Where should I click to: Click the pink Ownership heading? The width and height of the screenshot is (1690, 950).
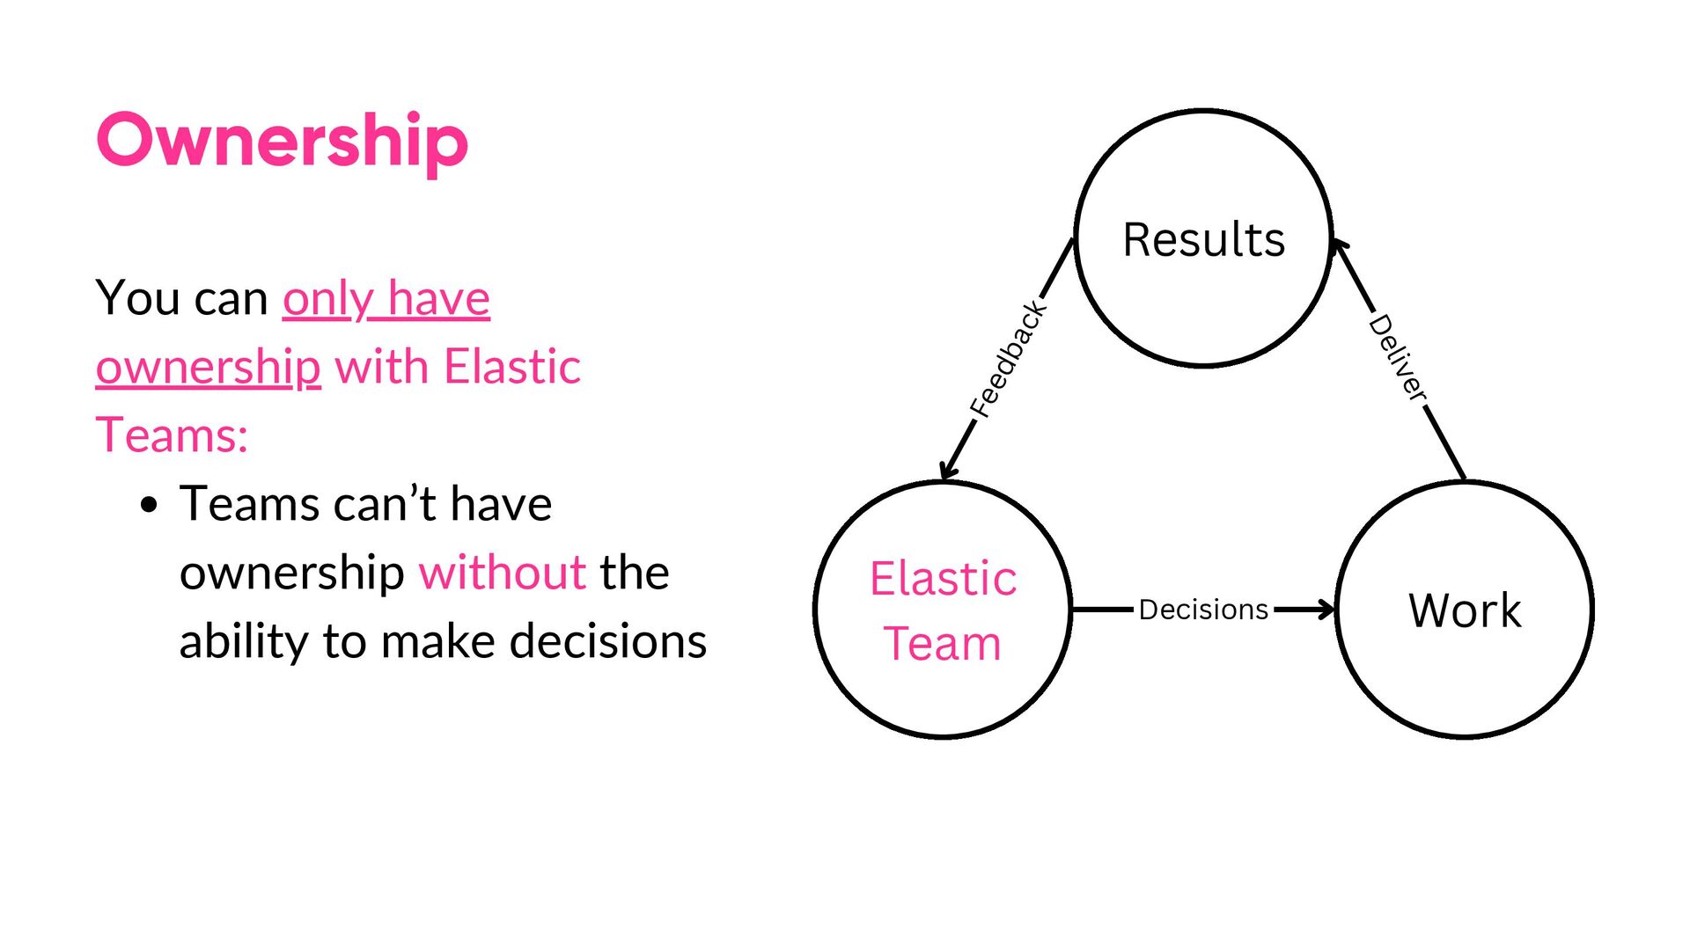282,141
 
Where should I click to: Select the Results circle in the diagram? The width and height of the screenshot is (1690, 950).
1203,238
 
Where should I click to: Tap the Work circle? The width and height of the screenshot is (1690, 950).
1465,609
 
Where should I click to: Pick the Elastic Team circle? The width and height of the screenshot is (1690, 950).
943,609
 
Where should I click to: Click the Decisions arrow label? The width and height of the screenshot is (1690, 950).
1203,609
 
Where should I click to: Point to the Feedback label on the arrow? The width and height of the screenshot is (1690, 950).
1009,359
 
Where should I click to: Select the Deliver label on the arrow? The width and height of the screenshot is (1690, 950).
1398,359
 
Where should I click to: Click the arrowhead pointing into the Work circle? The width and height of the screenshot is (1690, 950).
1326,609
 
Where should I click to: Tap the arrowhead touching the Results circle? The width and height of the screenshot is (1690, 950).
1340,246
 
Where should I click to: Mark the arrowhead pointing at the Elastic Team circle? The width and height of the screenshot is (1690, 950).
946,471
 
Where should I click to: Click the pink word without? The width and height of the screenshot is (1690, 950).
503,573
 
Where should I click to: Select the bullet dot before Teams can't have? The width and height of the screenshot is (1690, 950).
150,505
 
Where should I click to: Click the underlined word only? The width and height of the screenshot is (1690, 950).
327,298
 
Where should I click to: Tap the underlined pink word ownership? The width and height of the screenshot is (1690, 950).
208,367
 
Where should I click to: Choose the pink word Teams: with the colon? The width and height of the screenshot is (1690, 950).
172,435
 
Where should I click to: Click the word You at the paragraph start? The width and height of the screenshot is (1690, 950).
138,298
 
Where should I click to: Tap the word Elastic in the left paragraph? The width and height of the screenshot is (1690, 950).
512,367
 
